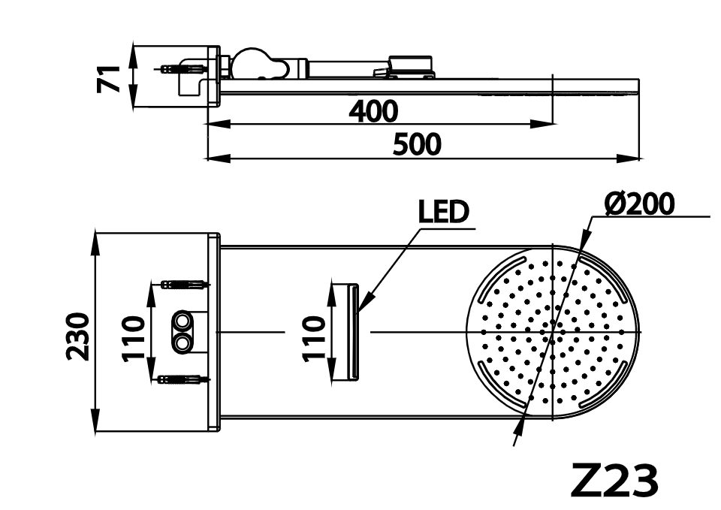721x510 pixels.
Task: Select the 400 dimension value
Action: tap(373, 111)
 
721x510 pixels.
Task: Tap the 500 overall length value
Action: tap(418, 145)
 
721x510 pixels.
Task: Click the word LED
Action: tap(443, 213)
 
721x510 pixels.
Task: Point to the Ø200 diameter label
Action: tap(639, 204)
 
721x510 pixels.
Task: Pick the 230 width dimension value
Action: tap(80, 335)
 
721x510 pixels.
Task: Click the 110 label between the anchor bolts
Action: tap(133, 336)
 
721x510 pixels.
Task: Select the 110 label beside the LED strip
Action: tap(315, 336)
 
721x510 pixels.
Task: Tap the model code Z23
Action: tap(614, 481)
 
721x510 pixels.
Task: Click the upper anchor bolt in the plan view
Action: tap(184, 285)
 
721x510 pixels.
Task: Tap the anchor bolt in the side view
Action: tap(183, 69)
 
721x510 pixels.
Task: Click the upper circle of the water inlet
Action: tap(182, 322)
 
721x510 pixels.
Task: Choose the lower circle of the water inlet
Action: tap(182, 343)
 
